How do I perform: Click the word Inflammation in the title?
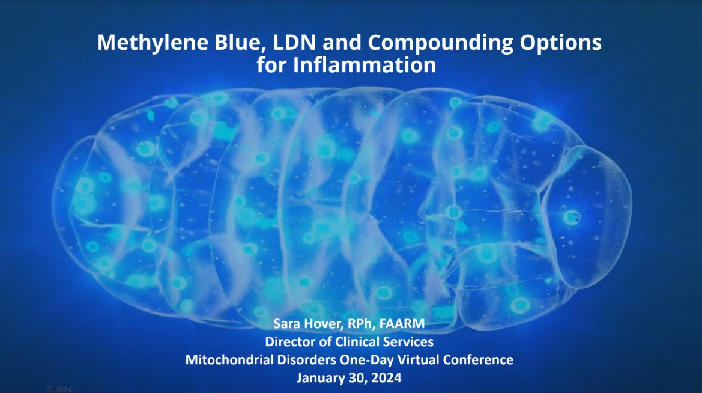(365, 64)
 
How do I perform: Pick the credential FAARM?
(402, 323)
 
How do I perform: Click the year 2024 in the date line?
(386, 377)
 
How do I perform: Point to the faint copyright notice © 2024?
(59, 389)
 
